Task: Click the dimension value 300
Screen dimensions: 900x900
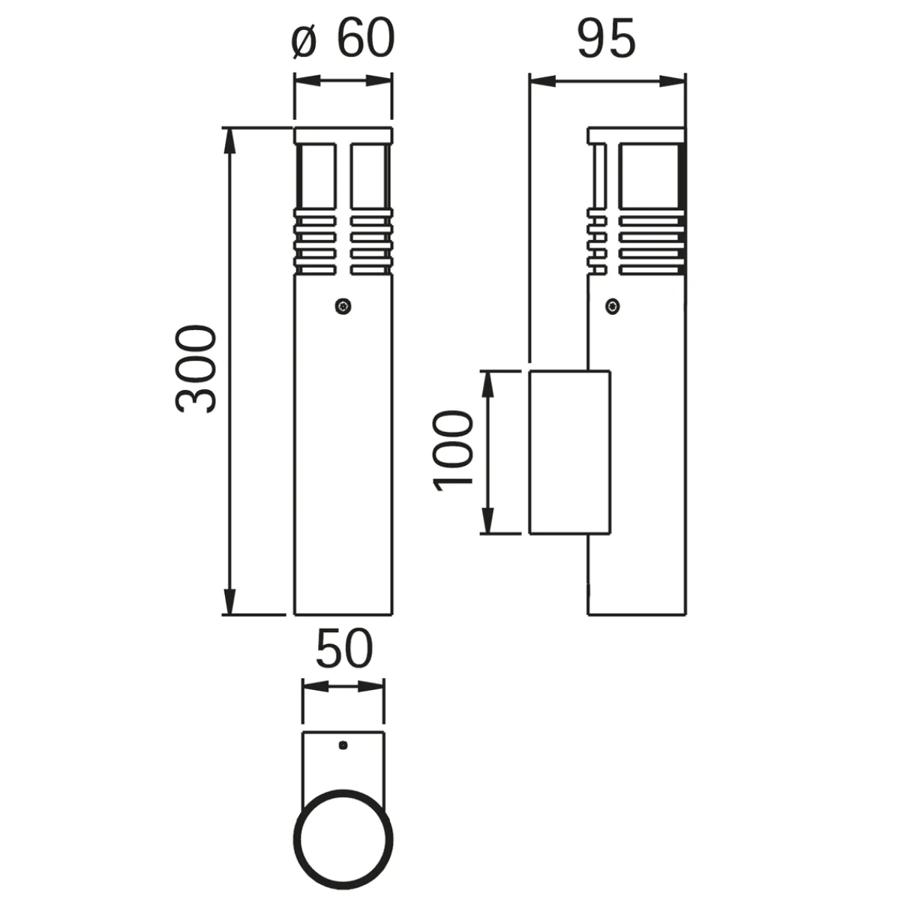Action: (x=196, y=369)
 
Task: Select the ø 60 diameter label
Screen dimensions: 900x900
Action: (x=342, y=40)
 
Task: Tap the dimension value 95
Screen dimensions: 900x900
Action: (x=606, y=40)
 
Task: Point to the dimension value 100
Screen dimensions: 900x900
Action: (x=454, y=450)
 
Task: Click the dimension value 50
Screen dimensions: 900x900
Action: (x=343, y=649)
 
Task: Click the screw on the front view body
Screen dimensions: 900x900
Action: (x=343, y=305)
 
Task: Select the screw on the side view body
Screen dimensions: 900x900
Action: (x=613, y=305)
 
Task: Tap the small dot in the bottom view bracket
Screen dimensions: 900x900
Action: (x=343, y=745)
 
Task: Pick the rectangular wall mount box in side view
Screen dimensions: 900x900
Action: (x=569, y=451)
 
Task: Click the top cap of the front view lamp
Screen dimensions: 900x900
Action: (x=343, y=135)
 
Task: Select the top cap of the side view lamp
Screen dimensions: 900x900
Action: (x=636, y=135)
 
